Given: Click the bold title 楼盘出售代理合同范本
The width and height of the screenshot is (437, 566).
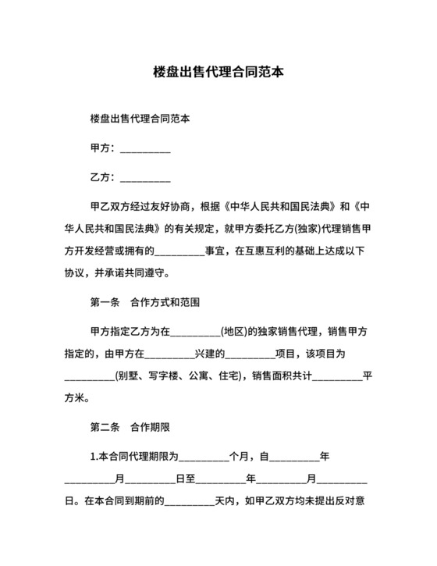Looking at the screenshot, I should [x=218, y=71].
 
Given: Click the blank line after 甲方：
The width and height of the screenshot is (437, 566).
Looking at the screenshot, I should [x=145, y=148].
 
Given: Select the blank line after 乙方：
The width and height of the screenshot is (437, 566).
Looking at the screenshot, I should [x=145, y=177].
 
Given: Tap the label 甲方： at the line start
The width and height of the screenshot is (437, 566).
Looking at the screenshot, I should [x=104, y=148].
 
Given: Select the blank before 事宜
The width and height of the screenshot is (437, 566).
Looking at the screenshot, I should [x=179, y=251].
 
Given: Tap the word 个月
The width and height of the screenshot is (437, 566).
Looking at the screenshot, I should [x=238, y=457].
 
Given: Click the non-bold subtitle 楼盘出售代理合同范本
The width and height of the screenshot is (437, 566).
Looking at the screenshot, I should [x=140, y=119].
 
